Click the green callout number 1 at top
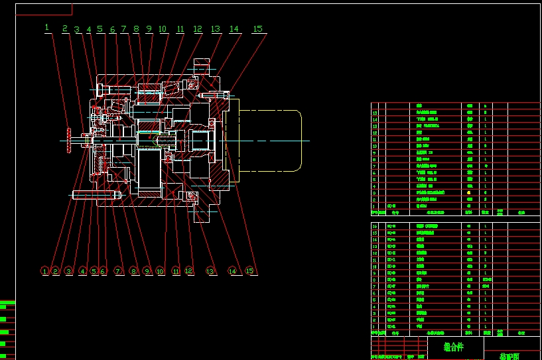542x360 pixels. tap(47, 27)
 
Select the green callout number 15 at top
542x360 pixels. tap(257, 29)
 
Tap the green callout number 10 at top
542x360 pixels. tap(163, 29)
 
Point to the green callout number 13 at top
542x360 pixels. tap(216, 29)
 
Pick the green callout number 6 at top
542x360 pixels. tap(113, 29)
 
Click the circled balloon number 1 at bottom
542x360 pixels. tap(44, 271)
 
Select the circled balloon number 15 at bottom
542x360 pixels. tap(249, 271)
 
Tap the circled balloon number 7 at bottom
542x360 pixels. tap(118, 271)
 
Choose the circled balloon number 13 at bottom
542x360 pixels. tap(210, 271)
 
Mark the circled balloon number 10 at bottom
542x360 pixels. tap(160, 271)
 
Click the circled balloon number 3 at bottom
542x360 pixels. tap(68, 271)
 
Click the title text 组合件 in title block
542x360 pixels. tap(454, 346)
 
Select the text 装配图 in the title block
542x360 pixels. tap(509, 356)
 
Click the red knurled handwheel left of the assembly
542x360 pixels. tap(68, 139)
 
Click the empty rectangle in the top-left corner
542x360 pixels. tap(44, 8)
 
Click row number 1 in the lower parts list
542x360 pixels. tap(375, 326)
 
